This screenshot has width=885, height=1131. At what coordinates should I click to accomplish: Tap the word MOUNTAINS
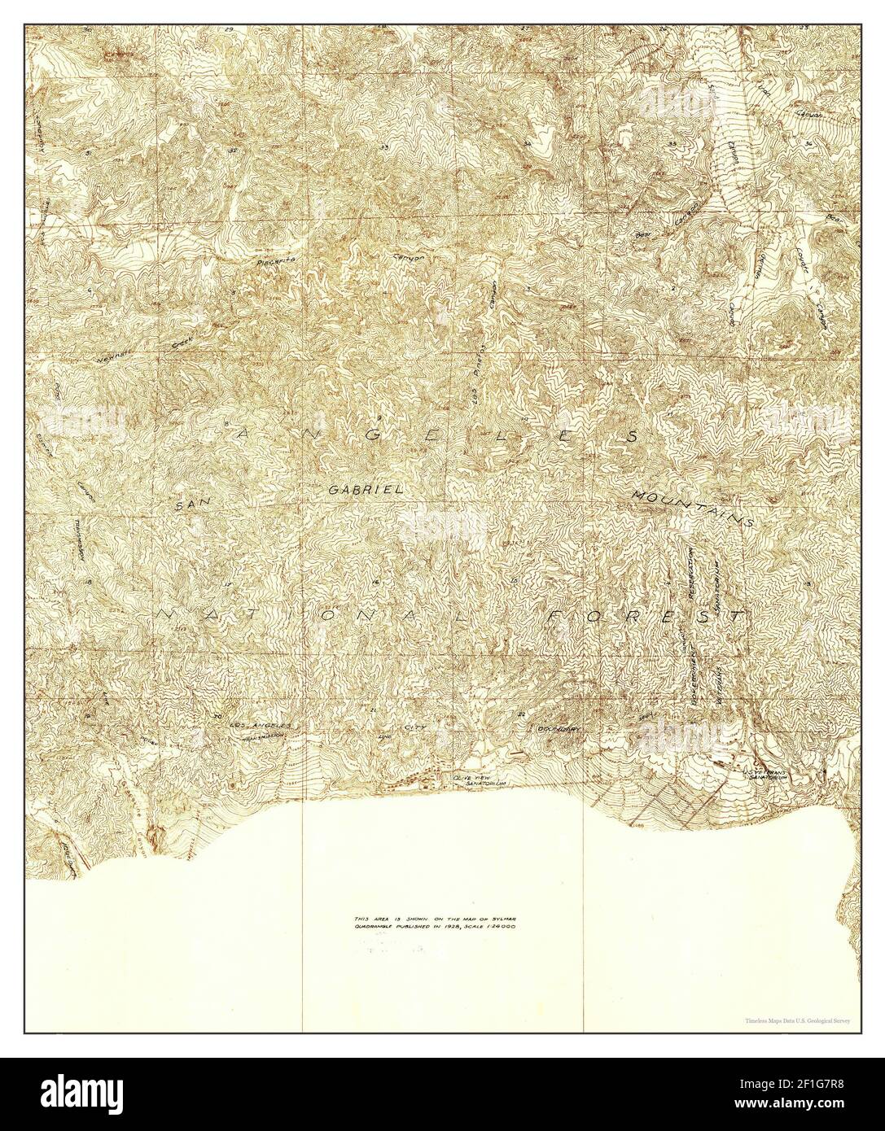click(x=691, y=506)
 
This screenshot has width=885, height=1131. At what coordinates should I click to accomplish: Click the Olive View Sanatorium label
click(x=473, y=779)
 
